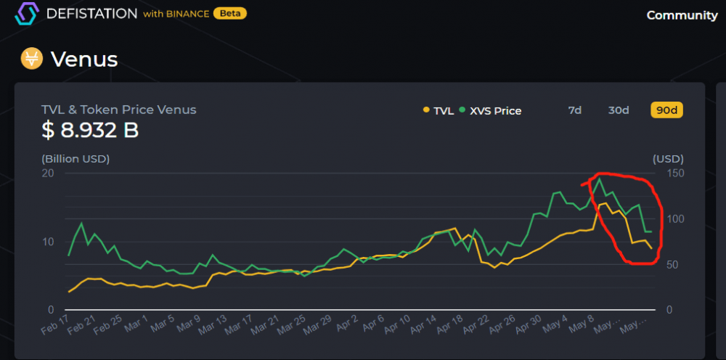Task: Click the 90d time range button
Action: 666,110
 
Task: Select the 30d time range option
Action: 619,110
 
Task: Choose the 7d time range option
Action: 574,110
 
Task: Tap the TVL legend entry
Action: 439,111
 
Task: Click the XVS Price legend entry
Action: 491,111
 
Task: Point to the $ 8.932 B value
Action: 90,131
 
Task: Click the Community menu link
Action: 682,15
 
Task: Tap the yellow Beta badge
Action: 229,13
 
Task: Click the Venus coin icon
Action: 32,59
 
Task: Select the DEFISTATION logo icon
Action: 26,14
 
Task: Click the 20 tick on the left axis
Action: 49,173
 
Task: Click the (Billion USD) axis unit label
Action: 76,159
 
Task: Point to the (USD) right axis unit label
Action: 668,159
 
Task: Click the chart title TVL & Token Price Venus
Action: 119,110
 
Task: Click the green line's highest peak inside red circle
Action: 599,178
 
